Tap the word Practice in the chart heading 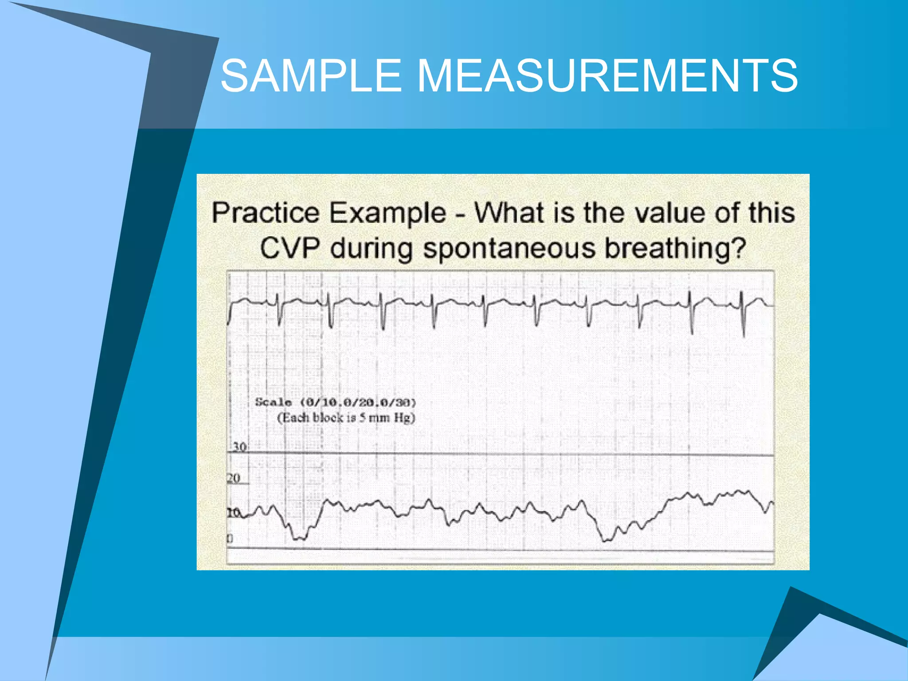click(265, 213)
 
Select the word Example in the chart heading click(387, 213)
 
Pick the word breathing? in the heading click(676, 248)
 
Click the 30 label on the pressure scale click(239, 447)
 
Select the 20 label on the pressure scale click(234, 478)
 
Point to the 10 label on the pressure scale click(234, 513)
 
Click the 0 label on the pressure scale click(230, 539)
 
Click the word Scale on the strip click(273, 403)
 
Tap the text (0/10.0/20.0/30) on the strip click(358, 403)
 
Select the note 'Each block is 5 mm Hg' click(346, 418)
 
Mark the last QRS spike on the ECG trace click(744, 315)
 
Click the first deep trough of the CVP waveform click(299, 538)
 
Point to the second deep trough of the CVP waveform click(606, 540)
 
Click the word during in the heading click(372, 248)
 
